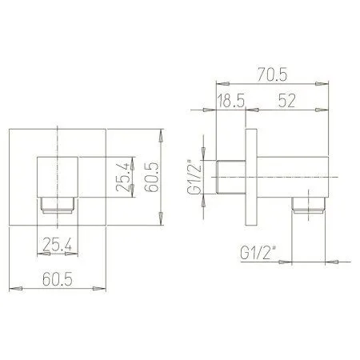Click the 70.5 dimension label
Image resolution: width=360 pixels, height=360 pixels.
272,74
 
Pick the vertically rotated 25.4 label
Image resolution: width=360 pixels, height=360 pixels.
121,176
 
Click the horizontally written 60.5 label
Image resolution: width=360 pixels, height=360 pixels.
58,281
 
